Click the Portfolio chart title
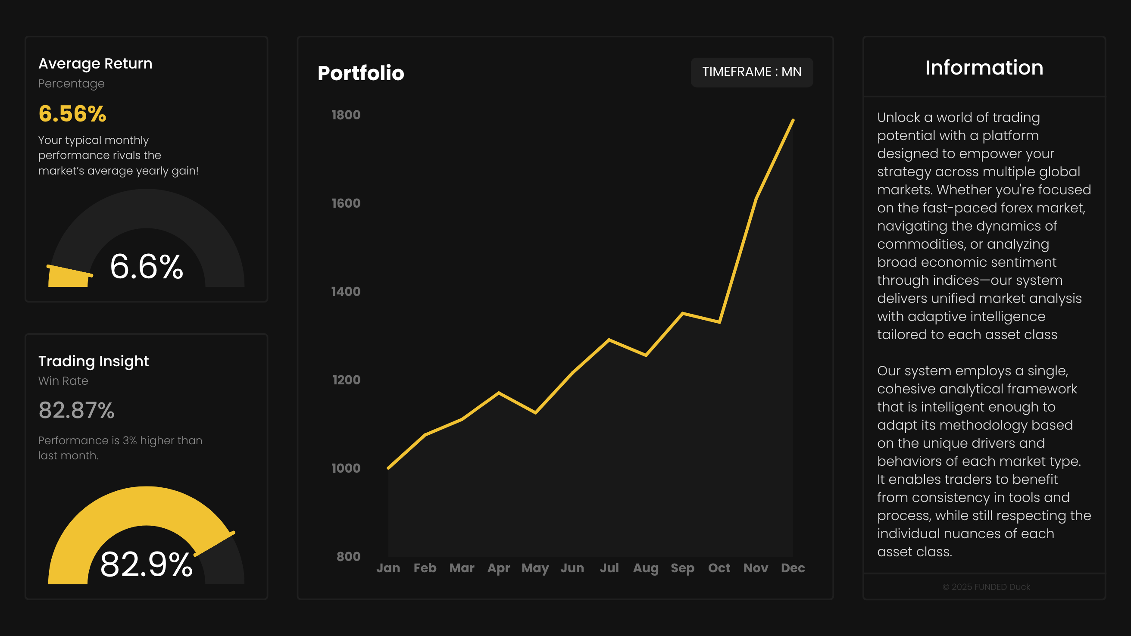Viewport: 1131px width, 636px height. pyautogui.click(x=360, y=73)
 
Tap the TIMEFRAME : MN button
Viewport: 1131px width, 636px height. pyautogui.click(x=751, y=72)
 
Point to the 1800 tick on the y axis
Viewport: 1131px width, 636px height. pyautogui.click(x=346, y=115)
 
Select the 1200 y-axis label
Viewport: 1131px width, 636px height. pyautogui.click(x=346, y=380)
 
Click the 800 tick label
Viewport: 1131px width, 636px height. pyautogui.click(x=348, y=556)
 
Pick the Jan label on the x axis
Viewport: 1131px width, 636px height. pyautogui.click(x=388, y=568)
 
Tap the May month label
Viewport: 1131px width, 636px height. pyautogui.click(x=535, y=568)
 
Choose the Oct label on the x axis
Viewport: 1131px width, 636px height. pyautogui.click(x=719, y=568)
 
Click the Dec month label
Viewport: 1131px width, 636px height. pyautogui.click(x=793, y=568)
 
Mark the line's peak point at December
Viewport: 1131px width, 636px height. pyautogui.click(x=793, y=120)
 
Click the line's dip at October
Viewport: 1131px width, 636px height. pyautogui.click(x=719, y=322)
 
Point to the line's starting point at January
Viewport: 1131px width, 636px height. pyautogui.click(x=388, y=468)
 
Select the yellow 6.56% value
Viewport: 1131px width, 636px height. pyautogui.click(x=72, y=114)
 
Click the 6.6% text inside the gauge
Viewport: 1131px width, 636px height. pyautogui.click(x=146, y=266)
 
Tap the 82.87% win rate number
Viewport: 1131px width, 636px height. pyautogui.click(x=76, y=410)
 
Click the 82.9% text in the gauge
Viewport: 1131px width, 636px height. pyautogui.click(x=146, y=564)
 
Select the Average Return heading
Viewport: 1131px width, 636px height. pyautogui.click(x=95, y=64)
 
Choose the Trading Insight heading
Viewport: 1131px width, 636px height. pyautogui.click(x=94, y=361)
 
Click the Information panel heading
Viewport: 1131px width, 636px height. pyautogui.click(x=984, y=68)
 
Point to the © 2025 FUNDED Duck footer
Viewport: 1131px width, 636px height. pyautogui.click(x=986, y=587)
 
